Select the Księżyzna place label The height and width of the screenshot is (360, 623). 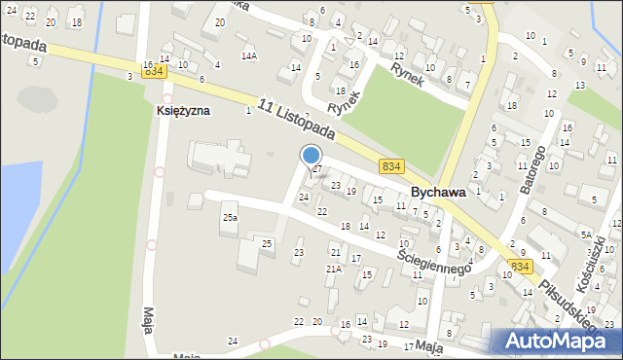click(x=183, y=111)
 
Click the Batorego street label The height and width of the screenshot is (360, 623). click(x=534, y=166)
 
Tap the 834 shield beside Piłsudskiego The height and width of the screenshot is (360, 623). click(x=521, y=267)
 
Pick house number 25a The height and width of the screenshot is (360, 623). click(x=230, y=218)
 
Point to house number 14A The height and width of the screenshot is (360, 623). click(x=250, y=56)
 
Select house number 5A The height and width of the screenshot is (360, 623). click(x=586, y=234)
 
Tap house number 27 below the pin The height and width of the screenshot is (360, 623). click(x=316, y=169)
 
